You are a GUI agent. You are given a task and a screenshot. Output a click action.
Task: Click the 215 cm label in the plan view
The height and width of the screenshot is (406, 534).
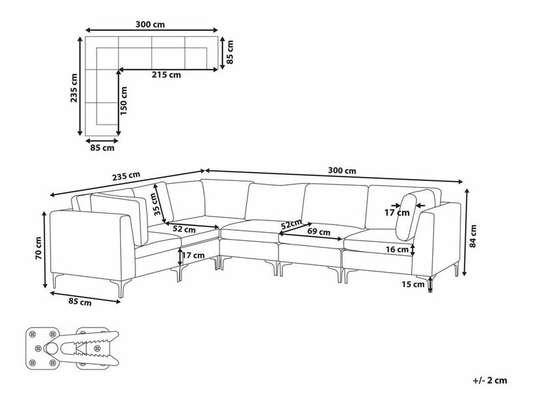point(166,75)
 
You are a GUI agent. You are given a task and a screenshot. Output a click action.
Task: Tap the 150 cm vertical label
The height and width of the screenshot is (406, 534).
point(123,100)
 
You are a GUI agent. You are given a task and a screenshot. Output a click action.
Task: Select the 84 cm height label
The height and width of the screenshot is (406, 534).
point(473,236)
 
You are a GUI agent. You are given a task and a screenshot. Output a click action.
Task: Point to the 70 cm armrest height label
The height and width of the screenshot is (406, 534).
point(38,249)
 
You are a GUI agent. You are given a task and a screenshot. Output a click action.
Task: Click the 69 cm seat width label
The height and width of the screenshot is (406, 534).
point(319,232)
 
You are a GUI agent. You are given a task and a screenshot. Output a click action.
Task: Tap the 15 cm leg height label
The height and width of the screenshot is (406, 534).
point(413,284)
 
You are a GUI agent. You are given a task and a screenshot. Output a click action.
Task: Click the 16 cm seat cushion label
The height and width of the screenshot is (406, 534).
point(397,250)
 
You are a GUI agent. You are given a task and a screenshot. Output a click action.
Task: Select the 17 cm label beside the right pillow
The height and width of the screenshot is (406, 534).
point(397,213)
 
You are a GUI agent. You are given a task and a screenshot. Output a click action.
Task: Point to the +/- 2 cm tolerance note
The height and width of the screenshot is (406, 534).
point(490,380)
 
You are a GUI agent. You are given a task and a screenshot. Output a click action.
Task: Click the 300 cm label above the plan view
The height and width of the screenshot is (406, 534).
point(150,24)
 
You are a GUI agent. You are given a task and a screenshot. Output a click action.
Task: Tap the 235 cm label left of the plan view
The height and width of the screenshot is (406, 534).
point(74,88)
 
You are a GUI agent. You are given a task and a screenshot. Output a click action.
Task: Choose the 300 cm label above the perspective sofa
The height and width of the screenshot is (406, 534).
point(342,171)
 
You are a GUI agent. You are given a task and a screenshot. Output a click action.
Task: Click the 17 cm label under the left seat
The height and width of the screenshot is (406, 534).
point(194,255)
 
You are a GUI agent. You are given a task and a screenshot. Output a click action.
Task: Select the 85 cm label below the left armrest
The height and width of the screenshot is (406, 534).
point(79,301)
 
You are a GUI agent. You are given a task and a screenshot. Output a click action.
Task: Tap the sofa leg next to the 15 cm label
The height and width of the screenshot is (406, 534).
point(430,283)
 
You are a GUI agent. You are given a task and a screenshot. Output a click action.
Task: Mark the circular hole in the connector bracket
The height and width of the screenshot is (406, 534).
point(52,348)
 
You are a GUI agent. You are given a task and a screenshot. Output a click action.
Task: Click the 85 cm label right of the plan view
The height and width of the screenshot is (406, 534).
point(230,52)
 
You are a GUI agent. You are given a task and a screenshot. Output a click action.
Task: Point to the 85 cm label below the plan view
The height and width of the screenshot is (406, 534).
point(102,148)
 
